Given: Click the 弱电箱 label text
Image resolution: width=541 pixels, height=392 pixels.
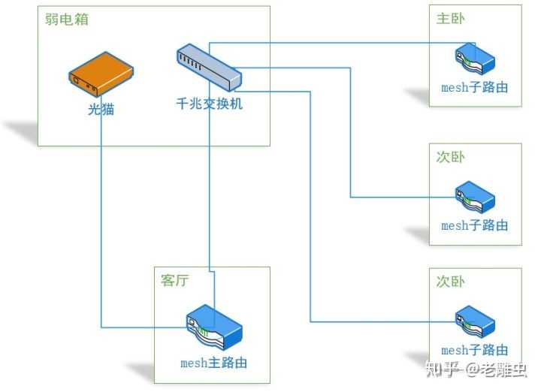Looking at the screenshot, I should click(67, 20).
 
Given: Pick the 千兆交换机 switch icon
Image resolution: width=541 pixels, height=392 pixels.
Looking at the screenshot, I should click(209, 66).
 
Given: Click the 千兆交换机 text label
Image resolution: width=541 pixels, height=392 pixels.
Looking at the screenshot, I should click(209, 104).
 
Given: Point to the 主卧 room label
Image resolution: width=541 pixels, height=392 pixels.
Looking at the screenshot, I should click(450, 19).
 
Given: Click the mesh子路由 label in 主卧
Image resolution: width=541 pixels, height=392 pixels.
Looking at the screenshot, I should click(474, 87).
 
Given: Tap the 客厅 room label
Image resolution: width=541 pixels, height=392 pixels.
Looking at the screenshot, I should click(175, 281).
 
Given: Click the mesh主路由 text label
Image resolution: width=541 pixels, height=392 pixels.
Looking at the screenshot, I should click(213, 363).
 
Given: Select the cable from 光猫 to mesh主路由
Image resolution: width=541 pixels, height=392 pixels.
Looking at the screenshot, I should click(101, 225).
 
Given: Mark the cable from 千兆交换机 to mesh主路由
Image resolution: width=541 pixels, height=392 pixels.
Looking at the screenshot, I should click(210, 188).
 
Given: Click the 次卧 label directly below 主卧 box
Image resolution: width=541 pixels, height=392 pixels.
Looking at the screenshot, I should click(450, 157).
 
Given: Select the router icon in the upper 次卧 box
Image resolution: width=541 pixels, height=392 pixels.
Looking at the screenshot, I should click(474, 196).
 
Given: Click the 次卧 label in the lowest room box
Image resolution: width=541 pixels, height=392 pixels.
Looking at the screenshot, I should click(450, 282).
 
